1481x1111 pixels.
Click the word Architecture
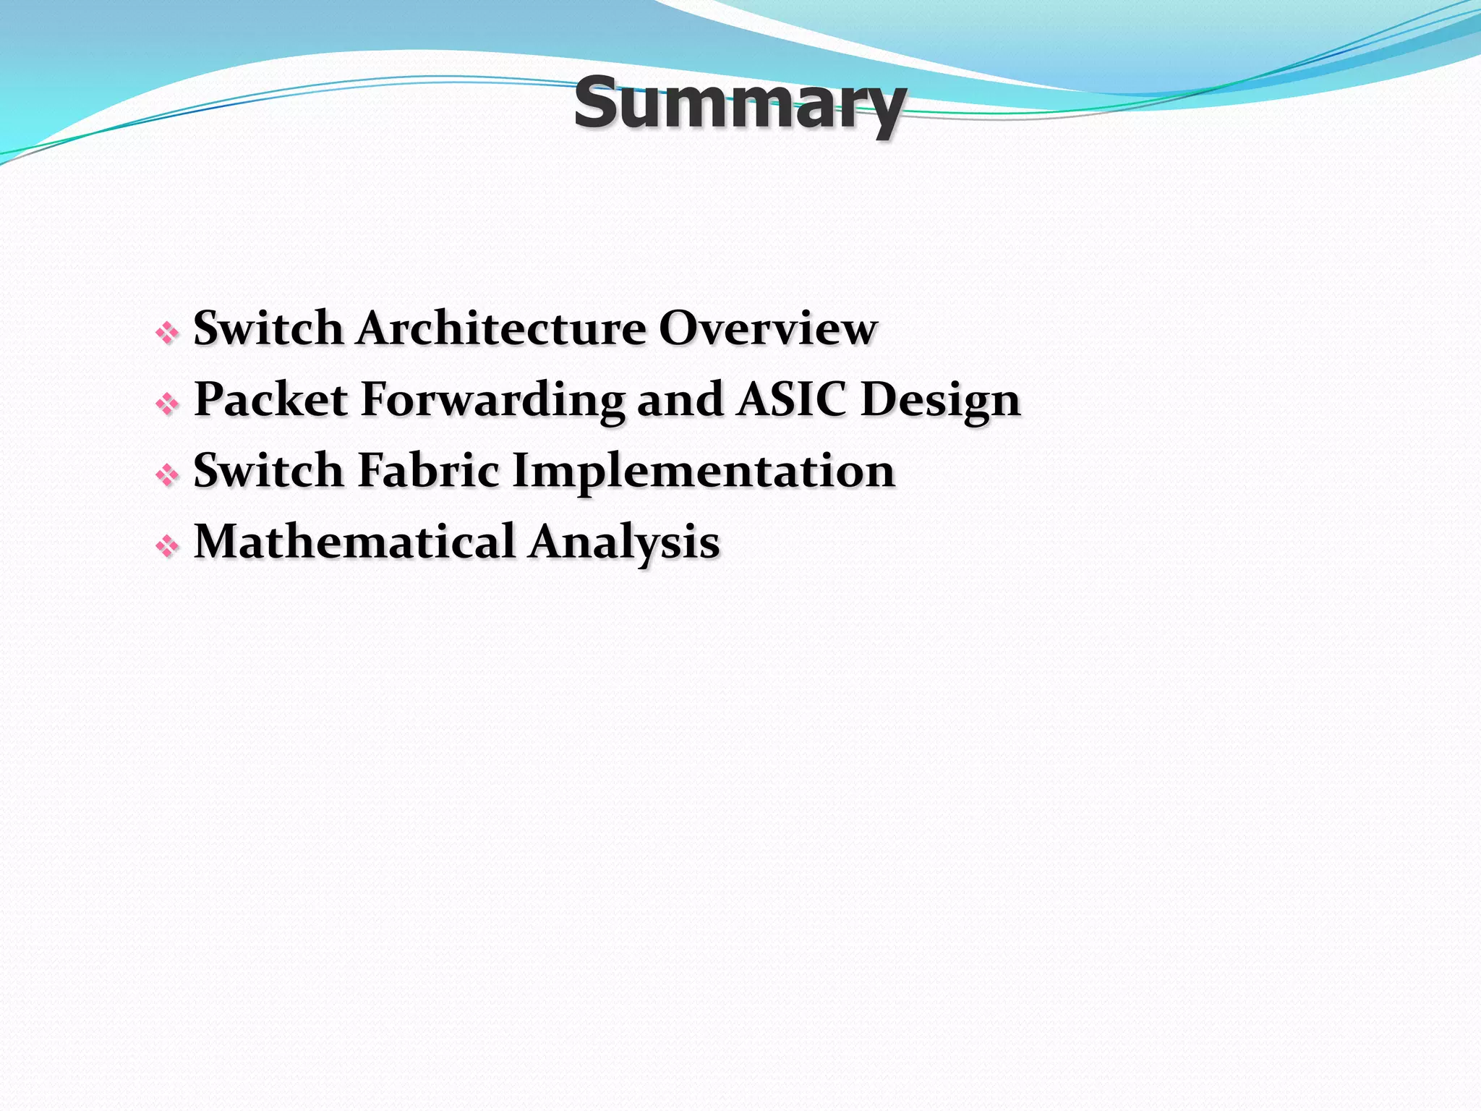pyautogui.click(x=500, y=328)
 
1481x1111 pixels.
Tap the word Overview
pyautogui.click(x=767, y=328)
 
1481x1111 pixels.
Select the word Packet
pyautogui.click(x=271, y=399)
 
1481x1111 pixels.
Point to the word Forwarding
pyautogui.click(x=492, y=401)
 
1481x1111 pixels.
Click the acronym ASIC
pyautogui.click(x=791, y=399)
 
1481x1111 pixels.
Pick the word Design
pyautogui.click(x=940, y=401)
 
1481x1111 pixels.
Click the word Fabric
pyautogui.click(x=428, y=470)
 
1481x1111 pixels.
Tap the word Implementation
pyautogui.click(x=704, y=472)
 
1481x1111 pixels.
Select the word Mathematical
pyautogui.click(x=354, y=542)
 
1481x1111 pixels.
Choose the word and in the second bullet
pyautogui.click(x=679, y=399)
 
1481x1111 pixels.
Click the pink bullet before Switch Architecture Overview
pyautogui.click(x=167, y=333)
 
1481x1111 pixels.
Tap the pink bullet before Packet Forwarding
pyautogui.click(x=167, y=404)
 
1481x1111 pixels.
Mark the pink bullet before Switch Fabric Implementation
pyautogui.click(x=167, y=474)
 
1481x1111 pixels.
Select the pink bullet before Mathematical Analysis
pyautogui.click(x=167, y=546)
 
